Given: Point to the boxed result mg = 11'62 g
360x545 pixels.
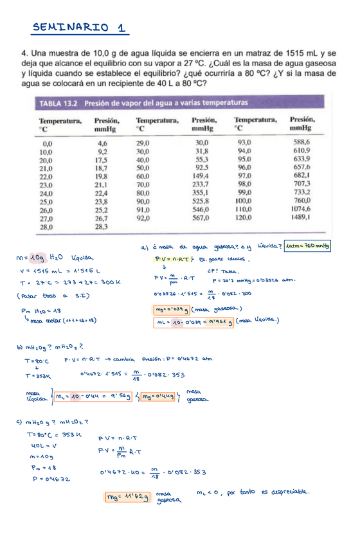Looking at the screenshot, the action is pyautogui.click(x=129, y=496).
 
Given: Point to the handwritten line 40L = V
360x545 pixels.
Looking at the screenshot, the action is pyautogui.click(x=43, y=445).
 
